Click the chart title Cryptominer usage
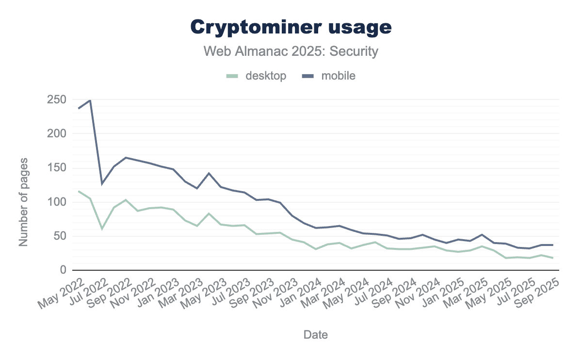pos(291,27)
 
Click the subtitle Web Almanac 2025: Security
pos(291,51)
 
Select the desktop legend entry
pos(258,76)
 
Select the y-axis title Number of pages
pos(23,201)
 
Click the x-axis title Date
pos(315,334)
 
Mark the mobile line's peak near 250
pos(90,100)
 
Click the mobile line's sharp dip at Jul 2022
pos(102,183)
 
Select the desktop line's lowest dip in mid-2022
pos(102,229)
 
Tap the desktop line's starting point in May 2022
pos(79,191)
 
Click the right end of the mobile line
pos(552,245)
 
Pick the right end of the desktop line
pos(552,258)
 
